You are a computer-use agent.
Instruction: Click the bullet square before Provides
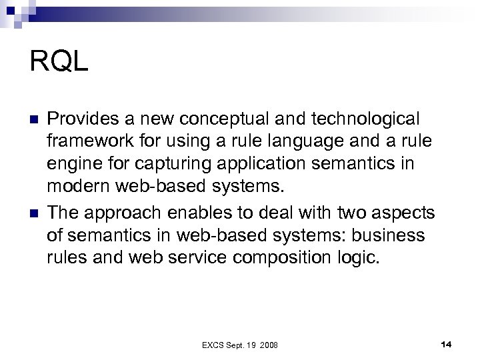[35, 119]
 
